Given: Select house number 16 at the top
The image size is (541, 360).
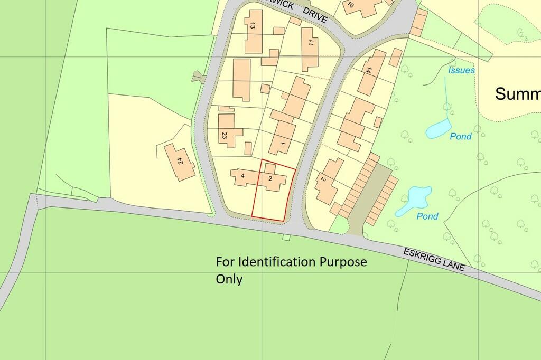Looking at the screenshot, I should (350, 6).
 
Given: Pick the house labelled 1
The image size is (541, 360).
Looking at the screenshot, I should (283, 144).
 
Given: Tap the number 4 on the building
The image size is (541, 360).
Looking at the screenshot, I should (242, 176).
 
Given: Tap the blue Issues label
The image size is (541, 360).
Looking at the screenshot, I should (461, 70).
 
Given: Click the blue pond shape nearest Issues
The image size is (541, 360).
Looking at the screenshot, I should (438, 129).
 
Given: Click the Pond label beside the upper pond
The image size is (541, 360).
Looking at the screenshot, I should (461, 137).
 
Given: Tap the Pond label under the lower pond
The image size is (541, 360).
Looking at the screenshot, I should (427, 216).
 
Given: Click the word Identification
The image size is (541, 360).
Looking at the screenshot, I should (275, 262).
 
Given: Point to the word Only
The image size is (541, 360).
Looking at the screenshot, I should (229, 279).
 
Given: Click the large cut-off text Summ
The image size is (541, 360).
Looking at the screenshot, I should (517, 94).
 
